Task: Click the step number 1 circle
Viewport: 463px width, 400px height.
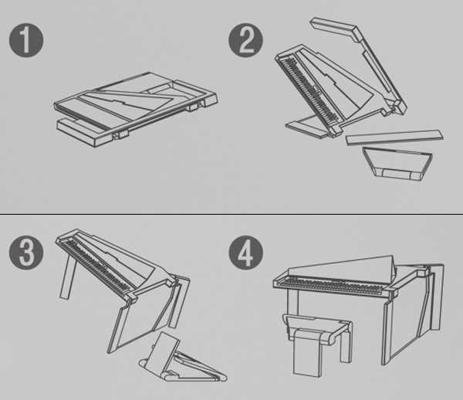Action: [26, 40]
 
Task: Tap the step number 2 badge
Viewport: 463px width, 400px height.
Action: [245, 40]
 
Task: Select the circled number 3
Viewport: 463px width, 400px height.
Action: [26, 253]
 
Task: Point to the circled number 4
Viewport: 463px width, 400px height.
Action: [245, 253]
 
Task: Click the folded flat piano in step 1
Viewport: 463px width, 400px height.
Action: [136, 109]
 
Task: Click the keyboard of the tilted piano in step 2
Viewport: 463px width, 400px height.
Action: [309, 90]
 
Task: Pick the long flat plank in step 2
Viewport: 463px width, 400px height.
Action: [394, 137]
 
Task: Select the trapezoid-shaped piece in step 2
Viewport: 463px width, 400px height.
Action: [397, 164]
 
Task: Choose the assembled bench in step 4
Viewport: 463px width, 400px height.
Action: [317, 344]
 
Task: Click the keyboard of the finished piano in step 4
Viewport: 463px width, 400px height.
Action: [331, 285]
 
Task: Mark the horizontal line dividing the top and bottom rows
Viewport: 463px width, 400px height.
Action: [231, 214]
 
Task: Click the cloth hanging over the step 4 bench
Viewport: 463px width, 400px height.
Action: [307, 352]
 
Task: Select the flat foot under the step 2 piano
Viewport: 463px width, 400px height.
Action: [307, 126]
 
